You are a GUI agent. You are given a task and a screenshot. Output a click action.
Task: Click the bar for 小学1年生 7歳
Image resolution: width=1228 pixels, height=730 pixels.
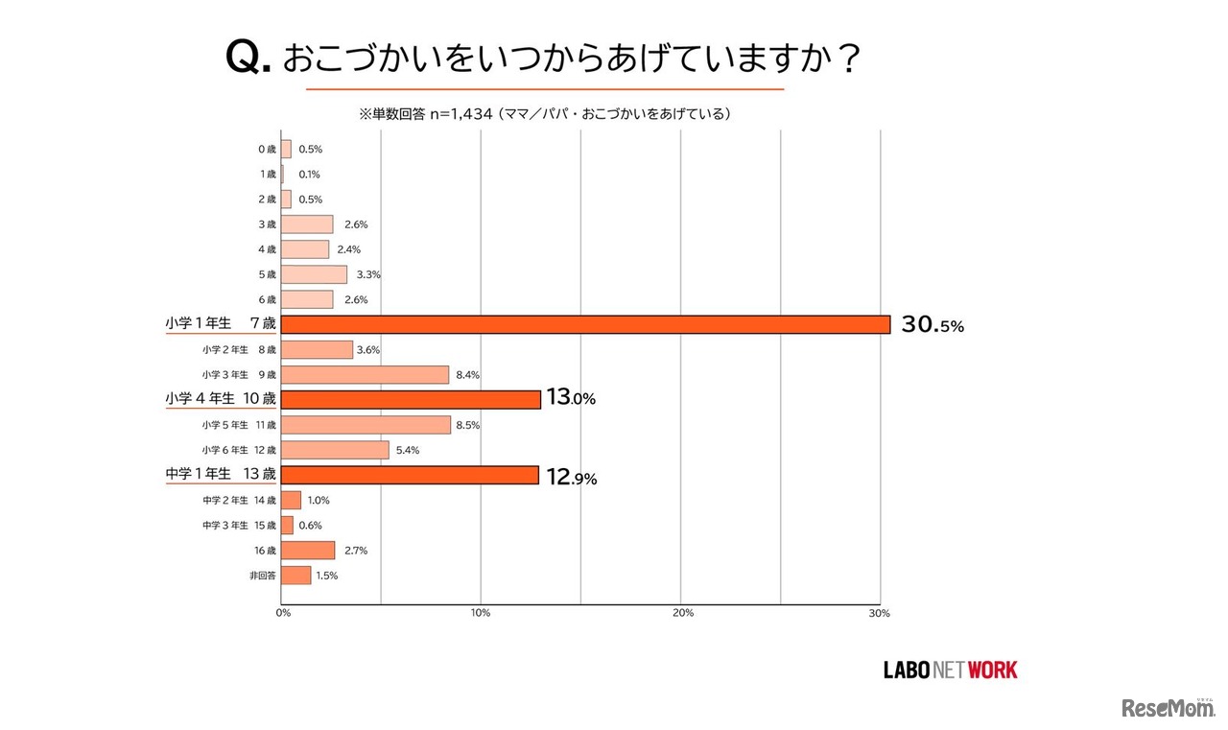tap(585, 324)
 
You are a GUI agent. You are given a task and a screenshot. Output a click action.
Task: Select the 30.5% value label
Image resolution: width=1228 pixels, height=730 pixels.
tap(932, 325)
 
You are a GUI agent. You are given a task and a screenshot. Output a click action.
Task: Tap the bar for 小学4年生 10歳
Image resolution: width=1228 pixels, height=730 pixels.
tap(411, 399)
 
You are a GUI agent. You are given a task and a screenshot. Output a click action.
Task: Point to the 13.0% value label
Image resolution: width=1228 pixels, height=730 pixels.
tap(571, 399)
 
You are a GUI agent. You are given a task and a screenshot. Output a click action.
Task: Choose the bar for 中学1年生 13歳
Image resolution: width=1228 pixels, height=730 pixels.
tap(410, 475)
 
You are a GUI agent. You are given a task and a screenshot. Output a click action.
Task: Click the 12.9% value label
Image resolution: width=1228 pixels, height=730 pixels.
tap(571, 477)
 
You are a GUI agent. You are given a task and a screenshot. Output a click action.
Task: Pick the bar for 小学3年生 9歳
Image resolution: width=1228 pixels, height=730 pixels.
tap(365, 374)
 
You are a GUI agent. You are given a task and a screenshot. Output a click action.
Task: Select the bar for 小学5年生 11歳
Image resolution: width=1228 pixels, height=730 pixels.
tap(366, 425)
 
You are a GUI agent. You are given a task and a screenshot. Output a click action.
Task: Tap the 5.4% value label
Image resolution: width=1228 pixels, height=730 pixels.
tap(407, 450)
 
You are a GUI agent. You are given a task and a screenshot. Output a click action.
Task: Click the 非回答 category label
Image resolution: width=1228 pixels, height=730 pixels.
tap(264, 576)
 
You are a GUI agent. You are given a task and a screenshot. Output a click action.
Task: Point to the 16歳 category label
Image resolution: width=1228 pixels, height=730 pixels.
tap(265, 551)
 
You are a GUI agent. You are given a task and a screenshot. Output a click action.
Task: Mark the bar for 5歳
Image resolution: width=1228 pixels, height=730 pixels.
tap(314, 274)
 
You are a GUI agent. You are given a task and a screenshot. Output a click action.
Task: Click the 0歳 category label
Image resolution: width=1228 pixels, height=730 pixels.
tap(267, 150)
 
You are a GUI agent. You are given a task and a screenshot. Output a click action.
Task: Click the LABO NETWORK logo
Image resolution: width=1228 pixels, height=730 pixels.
tap(950, 670)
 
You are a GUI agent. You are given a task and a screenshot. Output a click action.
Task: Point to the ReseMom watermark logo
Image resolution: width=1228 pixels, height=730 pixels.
tap(1168, 708)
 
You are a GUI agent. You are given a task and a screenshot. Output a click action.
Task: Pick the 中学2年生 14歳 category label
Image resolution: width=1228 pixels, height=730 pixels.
tap(239, 500)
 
